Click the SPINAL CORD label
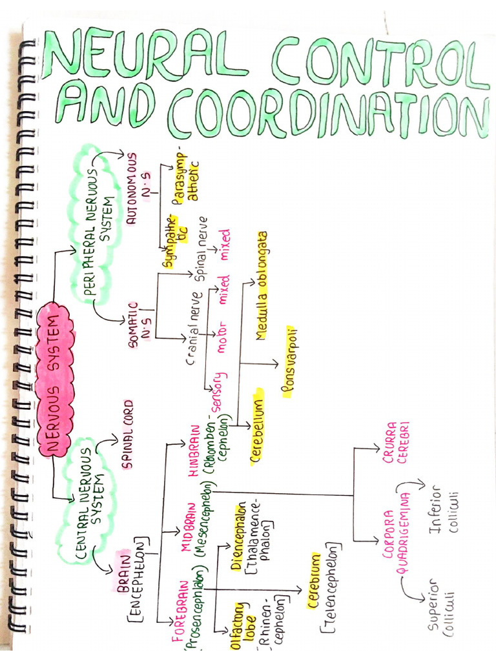tap(127, 434)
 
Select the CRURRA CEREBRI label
tap(396, 443)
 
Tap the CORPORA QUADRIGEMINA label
tap(396, 533)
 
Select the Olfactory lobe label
tap(243, 625)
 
